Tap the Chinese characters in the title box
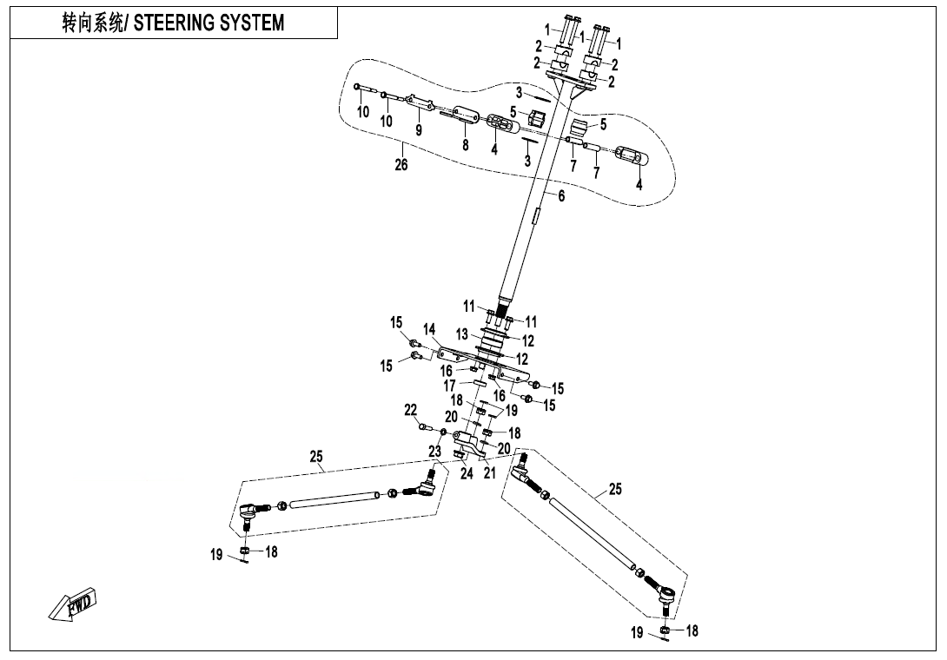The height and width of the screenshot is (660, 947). click(93, 23)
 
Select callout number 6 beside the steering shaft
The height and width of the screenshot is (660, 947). click(561, 197)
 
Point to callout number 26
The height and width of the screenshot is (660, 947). click(401, 165)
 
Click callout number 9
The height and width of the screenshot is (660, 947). click(419, 130)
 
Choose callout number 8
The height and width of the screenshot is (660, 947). click(466, 145)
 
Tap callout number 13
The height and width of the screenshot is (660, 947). click(462, 333)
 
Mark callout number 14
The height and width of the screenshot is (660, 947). click(429, 329)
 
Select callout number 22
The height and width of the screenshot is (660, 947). click(411, 410)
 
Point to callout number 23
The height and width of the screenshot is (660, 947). click(434, 452)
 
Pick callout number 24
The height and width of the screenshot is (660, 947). click(467, 473)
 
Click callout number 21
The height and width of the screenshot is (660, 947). click(489, 473)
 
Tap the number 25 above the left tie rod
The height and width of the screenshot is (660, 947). click(316, 455)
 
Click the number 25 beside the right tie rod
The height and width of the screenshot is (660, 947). click(615, 490)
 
